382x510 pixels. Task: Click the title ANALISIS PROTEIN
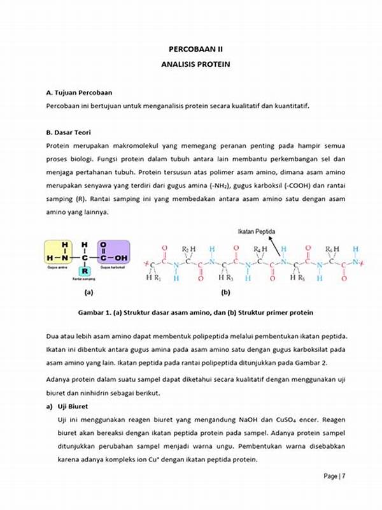point(195,64)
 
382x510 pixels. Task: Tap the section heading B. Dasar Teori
point(68,133)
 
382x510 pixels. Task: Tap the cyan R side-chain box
point(85,270)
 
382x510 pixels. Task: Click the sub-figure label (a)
point(88,293)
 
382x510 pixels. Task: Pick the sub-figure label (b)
point(225,293)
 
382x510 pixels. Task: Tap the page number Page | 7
point(335,476)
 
